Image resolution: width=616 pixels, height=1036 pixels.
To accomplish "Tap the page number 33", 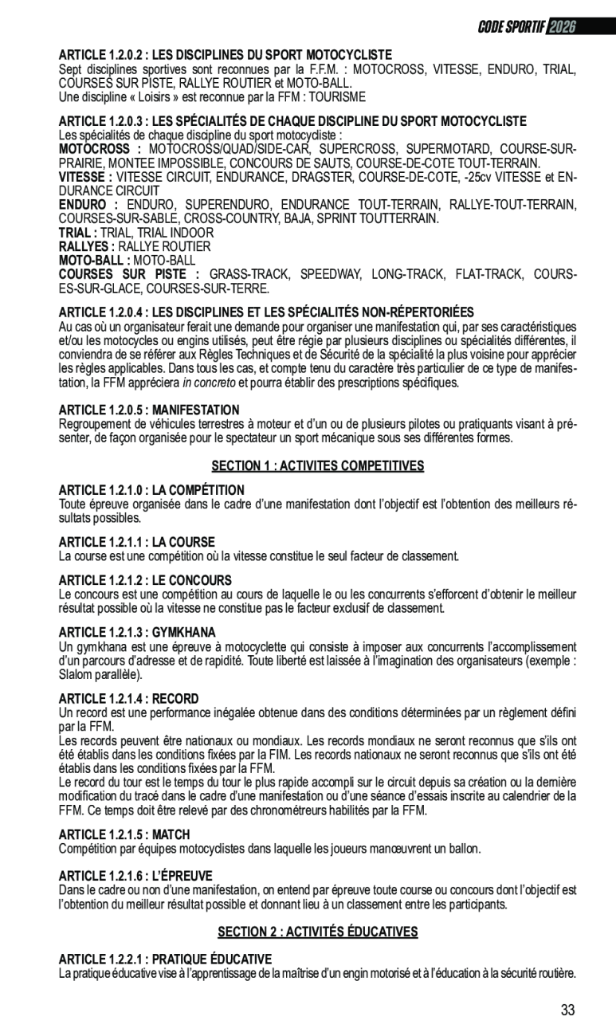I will coord(567,1010).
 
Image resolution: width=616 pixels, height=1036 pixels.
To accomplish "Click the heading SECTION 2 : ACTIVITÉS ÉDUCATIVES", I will coord(317,932).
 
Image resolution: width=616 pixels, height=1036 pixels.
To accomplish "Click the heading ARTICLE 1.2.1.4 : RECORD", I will coord(128,698).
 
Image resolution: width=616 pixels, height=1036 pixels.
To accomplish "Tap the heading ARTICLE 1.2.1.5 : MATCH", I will coord(124,834).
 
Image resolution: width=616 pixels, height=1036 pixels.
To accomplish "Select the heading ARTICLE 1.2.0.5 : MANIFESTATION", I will coord(149,410).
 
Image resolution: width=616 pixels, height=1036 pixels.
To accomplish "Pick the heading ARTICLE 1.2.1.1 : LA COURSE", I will coord(136,541).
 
